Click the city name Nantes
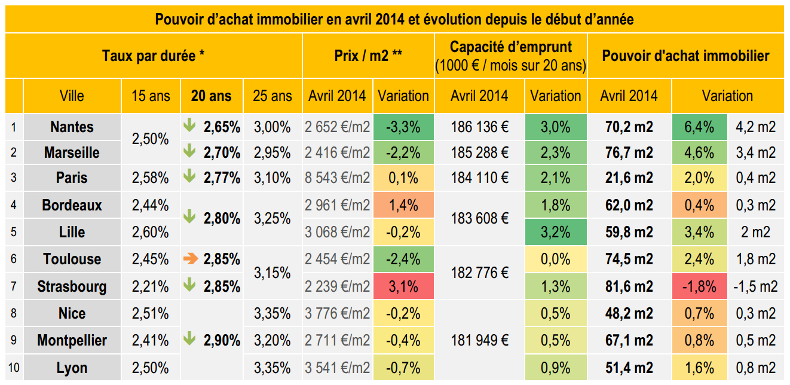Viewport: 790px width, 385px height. (x=72, y=127)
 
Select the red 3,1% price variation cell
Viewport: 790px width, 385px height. (x=403, y=286)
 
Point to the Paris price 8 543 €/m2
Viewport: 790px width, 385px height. (x=337, y=178)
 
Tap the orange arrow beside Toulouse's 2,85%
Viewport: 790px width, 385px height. (x=190, y=259)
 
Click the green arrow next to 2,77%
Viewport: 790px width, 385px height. (x=189, y=176)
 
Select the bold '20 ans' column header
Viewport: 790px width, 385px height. (x=211, y=96)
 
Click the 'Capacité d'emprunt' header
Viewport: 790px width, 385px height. (x=510, y=47)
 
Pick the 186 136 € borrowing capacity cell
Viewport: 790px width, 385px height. (x=480, y=127)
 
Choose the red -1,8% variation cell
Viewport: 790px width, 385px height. (x=700, y=286)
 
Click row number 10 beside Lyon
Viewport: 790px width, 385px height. (x=14, y=368)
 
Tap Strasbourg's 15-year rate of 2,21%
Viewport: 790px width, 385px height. (x=151, y=286)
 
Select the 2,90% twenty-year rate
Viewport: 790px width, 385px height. (x=222, y=340)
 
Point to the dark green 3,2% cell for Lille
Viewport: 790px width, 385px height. (x=555, y=232)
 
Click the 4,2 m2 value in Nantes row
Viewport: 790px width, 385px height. (x=756, y=127)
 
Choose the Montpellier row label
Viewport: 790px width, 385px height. (x=72, y=340)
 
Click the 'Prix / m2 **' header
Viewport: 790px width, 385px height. (x=368, y=56)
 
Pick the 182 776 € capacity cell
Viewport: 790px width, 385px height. (x=480, y=273)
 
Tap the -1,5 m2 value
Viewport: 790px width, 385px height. (x=756, y=286)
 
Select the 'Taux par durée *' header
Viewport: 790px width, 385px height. (x=154, y=56)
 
